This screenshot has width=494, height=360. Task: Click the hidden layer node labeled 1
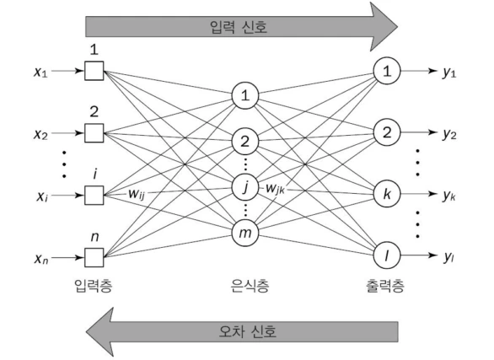[x=244, y=96]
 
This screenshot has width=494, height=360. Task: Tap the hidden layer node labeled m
[x=244, y=231]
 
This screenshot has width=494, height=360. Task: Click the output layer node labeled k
[x=387, y=194]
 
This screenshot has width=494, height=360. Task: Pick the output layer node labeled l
[x=387, y=255]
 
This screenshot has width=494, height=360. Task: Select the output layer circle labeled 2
[x=387, y=132]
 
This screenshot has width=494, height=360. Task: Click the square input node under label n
[x=94, y=255]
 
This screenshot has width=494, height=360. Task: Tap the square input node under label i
[x=94, y=194]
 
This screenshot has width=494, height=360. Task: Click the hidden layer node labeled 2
[x=244, y=140]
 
